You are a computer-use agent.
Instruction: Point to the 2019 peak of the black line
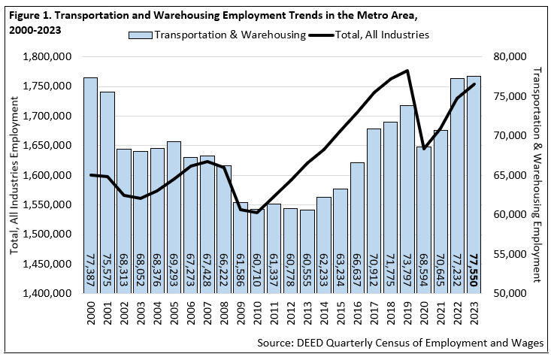[x=407, y=71]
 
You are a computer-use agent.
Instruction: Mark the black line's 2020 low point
[x=424, y=149]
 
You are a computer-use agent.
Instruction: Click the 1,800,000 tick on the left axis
[x=49, y=57]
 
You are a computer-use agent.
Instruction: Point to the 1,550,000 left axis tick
[x=49, y=204]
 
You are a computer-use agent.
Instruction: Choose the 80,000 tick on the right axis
[x=508, y=57]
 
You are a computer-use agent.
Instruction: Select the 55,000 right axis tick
[x=508, y=254]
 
